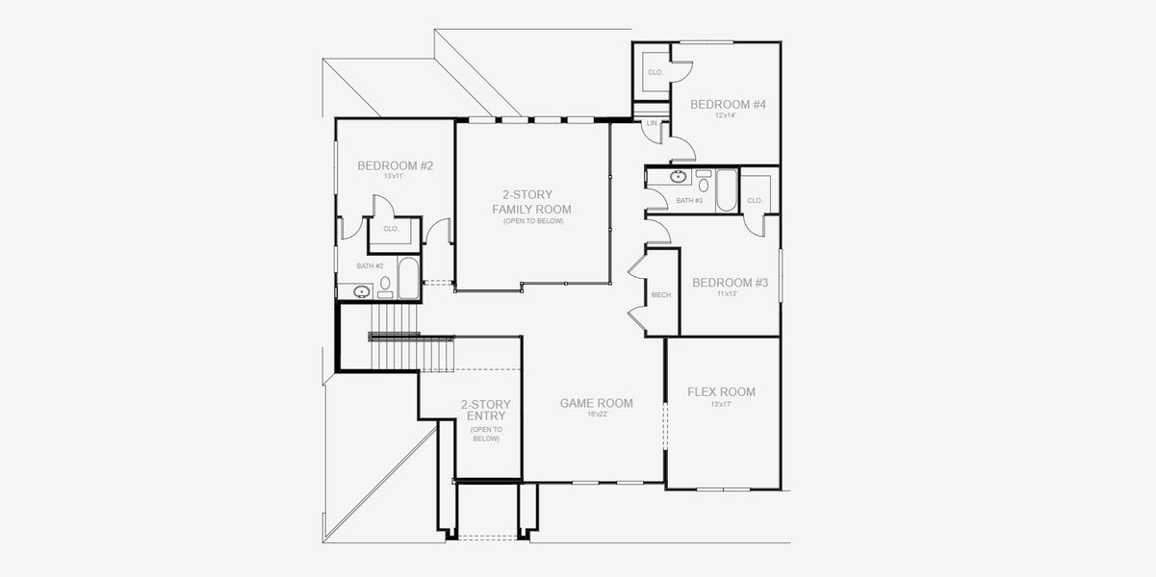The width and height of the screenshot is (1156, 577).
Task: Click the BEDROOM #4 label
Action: pos(729,104)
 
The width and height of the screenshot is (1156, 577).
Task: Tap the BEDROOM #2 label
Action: pos(395,165)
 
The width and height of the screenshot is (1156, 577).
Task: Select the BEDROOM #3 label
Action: pos(730,283)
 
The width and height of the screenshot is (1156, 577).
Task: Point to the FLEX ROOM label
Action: pos(721,392)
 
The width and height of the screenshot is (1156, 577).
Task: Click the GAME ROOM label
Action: pos(597,404)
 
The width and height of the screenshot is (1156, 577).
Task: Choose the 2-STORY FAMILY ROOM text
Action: pos(531,202)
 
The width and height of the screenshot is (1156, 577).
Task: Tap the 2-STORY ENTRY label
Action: pos(485,411)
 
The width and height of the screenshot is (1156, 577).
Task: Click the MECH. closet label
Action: pos(660,295)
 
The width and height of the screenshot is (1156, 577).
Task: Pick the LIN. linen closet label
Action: pos(652,124)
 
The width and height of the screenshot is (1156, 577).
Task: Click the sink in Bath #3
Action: pos(678,177)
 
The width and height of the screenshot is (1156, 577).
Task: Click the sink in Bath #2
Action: pos(363,290)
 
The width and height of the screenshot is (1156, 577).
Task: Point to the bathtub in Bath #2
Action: pos(407,277)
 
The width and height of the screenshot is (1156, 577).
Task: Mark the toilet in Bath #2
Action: pos(385,285)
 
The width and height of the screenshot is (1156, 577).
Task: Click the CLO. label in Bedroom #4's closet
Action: pos(655,73)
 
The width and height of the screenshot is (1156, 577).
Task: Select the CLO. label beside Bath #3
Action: pos(755,200)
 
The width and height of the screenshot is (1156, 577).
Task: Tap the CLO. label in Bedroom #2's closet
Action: pos(391,229)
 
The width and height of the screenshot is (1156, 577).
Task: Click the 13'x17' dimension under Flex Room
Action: pos(721,405)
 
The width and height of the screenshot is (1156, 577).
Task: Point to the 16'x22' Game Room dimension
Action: pos(597,415)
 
